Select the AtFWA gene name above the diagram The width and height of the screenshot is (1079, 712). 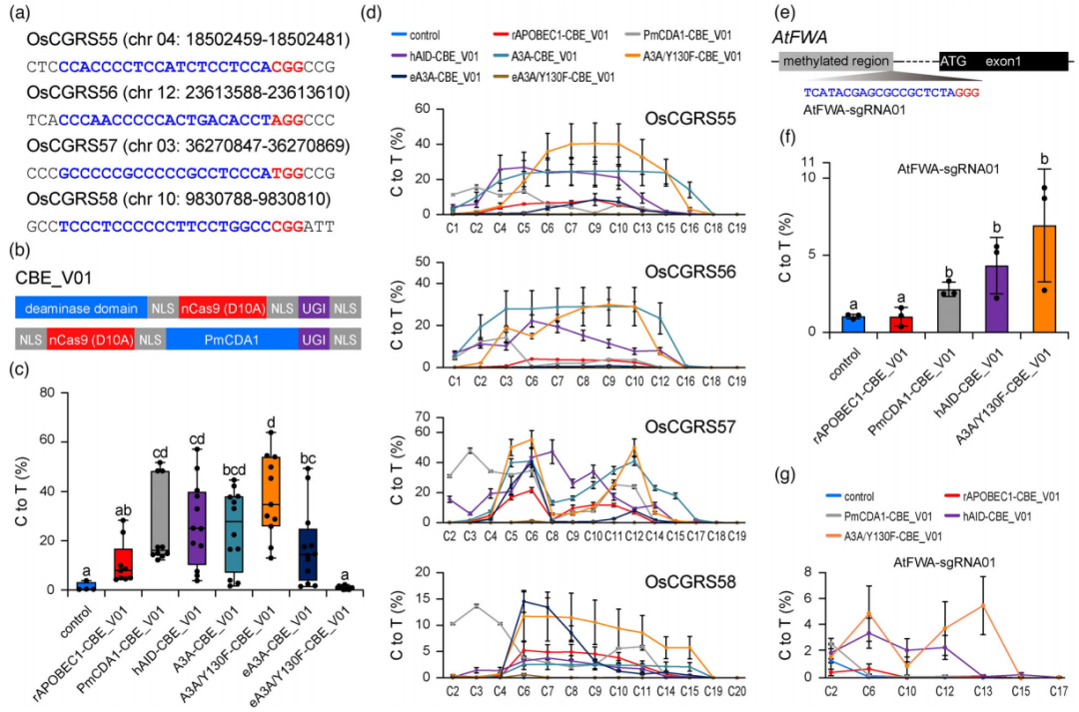[798, 38]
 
